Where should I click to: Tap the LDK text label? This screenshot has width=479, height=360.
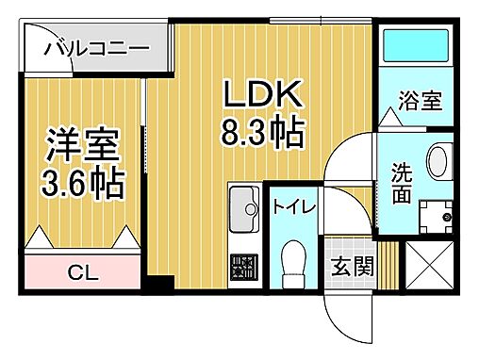click(x=261, y=94)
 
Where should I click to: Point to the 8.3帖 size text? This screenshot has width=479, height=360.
click(x=263, y=132)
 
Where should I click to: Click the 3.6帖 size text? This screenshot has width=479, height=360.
click(x=83, y=183)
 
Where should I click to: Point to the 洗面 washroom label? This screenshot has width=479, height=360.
click(x=402, y=183)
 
